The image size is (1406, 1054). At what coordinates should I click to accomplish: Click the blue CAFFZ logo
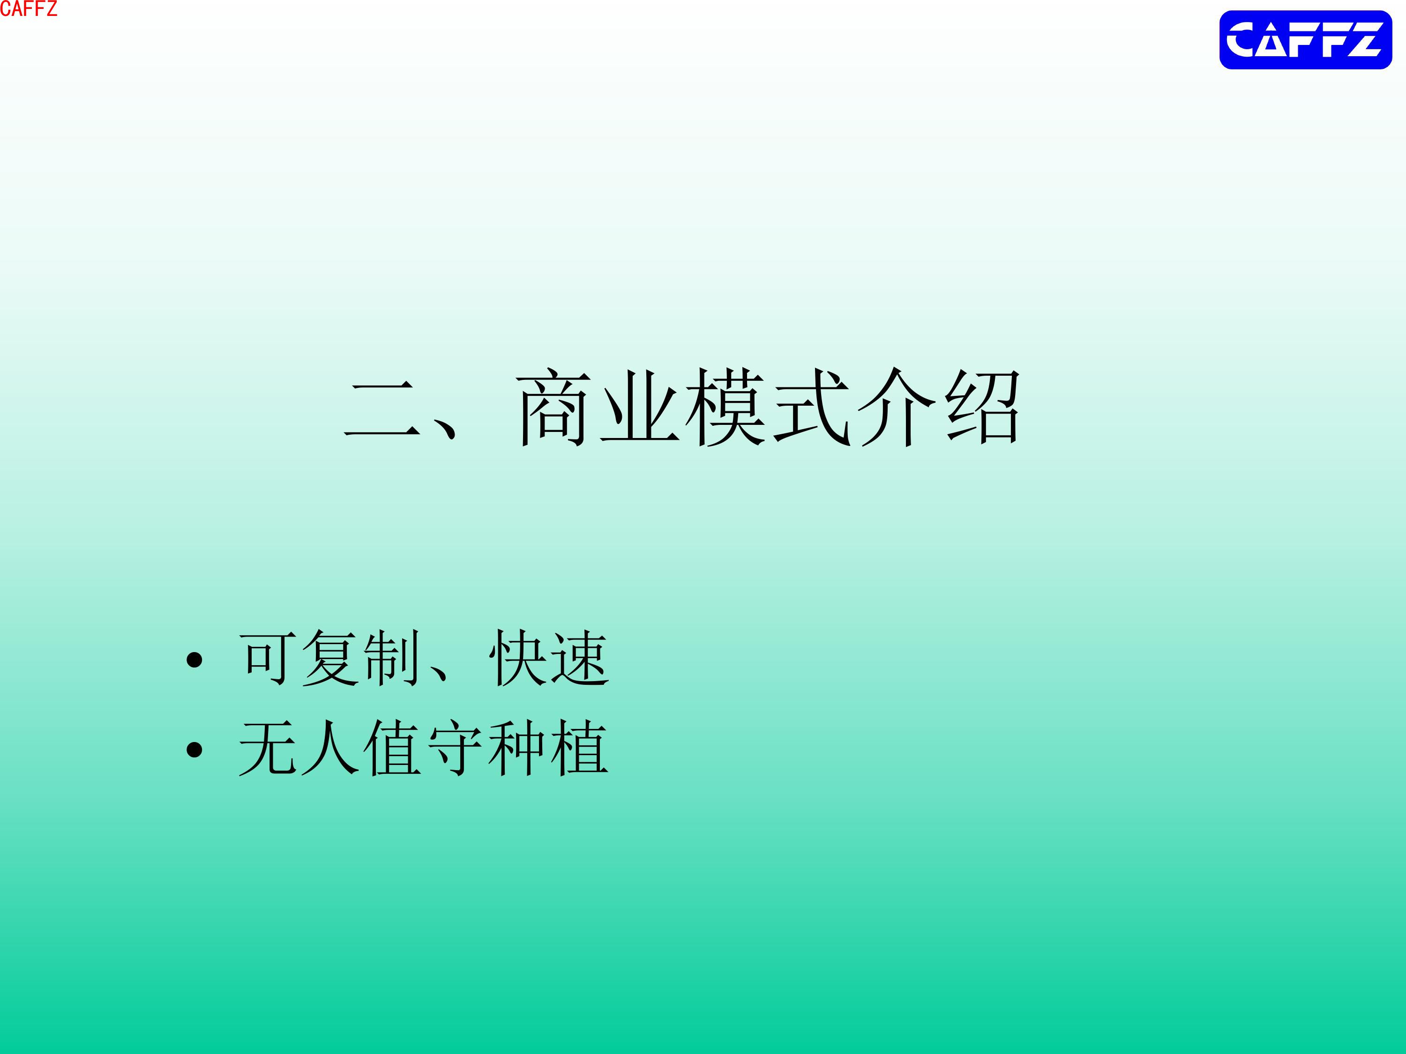pos(1306,40)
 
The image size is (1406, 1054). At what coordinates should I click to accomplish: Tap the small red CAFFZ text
pos(29,9)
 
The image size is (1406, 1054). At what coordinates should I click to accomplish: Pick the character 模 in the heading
pos(725,407)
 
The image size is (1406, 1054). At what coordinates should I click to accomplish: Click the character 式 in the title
pos(812,407)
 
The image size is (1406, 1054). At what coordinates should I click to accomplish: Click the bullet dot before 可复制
pos(194,660)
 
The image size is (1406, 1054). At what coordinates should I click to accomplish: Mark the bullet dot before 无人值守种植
pos(194,750)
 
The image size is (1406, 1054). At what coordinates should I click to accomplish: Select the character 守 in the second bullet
pos(455,748)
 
